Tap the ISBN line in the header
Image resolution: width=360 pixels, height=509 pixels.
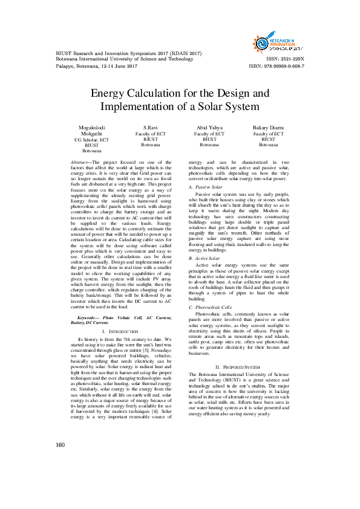[x=277, y=66]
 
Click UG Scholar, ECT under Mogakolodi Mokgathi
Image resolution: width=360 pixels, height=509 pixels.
[x=91, y=140]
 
